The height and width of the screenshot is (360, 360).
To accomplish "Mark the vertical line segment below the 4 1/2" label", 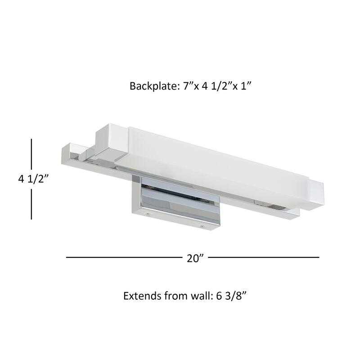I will pyautogui.click(x=32, y=203).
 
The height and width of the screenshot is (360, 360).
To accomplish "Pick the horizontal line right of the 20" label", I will pyautogui.click(x=263, y=257).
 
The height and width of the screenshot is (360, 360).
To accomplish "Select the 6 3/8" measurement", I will pyautogui.click(x=234, y=297).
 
